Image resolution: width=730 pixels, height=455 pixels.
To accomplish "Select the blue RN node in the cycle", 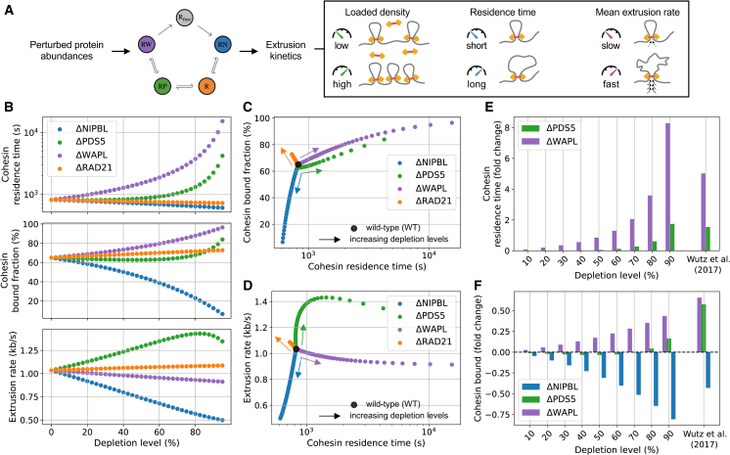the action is click(x=222, y=45).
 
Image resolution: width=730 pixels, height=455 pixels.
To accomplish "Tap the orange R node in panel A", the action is click(x=206, y=86).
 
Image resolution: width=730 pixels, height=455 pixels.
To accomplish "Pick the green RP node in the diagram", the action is click(x=162, y=86).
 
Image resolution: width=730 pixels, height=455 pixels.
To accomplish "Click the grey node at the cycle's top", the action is click(x=184, y=18).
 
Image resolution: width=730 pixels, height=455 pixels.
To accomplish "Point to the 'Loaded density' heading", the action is click(x=377, y=13).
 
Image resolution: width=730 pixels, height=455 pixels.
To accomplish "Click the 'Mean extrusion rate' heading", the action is click(x=637, y=13).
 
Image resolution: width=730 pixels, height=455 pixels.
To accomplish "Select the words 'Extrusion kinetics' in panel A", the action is click(x=286, y=50).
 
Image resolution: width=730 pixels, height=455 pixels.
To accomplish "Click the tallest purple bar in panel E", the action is click(x=667, y=187).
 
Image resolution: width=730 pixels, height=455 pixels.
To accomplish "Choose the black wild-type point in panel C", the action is click(x=297, y=164).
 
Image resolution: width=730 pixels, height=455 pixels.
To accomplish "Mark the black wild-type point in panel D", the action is click(x=296, y=348).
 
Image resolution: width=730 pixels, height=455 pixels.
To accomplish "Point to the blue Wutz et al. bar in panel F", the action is click(x=708, y=370).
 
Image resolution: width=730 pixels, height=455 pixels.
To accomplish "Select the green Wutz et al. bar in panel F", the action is click(x=704, y=328).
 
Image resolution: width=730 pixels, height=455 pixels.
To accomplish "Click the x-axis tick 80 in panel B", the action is click(x=195, y=432).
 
